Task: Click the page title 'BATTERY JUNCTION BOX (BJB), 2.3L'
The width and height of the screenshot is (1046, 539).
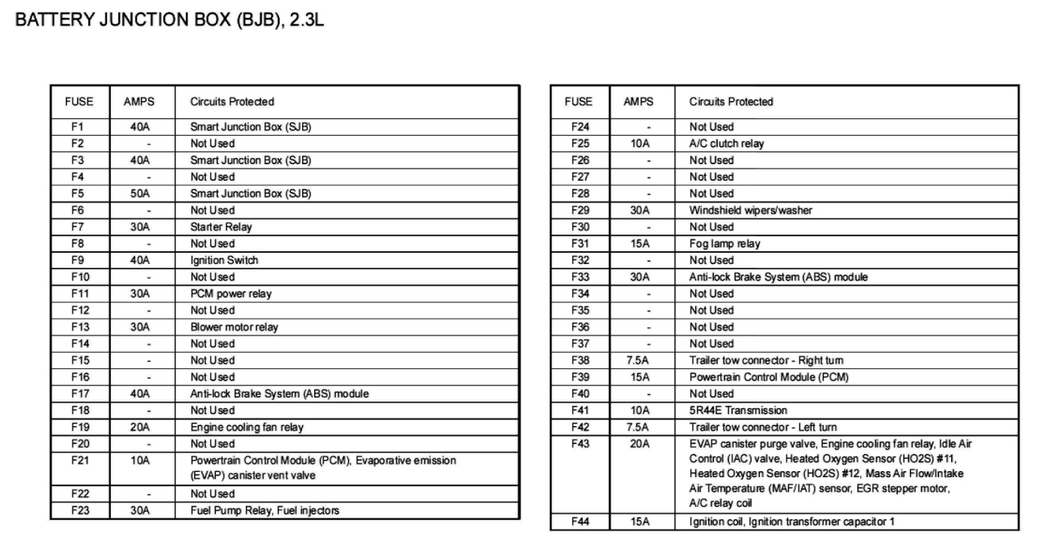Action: pyautogui.click(x=169, y=20)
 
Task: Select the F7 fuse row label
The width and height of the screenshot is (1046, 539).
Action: pyautogui.click(x=78, y=227)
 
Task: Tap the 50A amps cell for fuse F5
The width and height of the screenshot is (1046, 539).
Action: pyautogui.click(x=139, y=193)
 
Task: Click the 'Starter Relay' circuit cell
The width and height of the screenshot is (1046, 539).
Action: pyautogui.click(x=221, y=227)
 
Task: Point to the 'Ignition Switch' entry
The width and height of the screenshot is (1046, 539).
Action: pyautogui.click(x=224, y=260)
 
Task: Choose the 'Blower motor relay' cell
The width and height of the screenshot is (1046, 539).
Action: pyautogui.click(x=234, y=327)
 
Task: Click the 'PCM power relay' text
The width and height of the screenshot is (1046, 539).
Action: pyautogui.click(x=230, y=293)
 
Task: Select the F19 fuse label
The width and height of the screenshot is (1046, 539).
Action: pyautogui.click(x=80, y=427)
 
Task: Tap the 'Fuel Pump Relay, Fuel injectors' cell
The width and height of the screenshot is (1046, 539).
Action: pyautogui.click(x=264, y=510)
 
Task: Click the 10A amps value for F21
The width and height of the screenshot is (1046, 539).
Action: pyautogui.click(x=139, y=460)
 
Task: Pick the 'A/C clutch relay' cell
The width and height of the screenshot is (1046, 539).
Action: pyautogui.click(x=726, y=144)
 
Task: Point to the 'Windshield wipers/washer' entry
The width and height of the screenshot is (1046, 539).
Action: pyautogui.click(x=750, y=210)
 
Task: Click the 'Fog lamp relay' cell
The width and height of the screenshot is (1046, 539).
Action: pyautogui.click(x=724, y=243)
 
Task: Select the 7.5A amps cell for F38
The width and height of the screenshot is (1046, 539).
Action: pyautogui.click(x=638, y=360)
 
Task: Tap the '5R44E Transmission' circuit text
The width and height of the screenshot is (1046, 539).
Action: pyautogui.click(x=738, y=410)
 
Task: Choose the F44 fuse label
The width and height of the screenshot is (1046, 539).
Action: pyautogui.click(x=580, y=522)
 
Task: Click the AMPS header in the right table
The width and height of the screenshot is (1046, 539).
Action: pyautogui.click(x=638, y=102)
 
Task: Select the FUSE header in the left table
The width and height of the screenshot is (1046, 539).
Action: pyautogui.click(x=79, y=102)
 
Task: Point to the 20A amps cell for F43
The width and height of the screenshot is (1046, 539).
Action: pyautogui.click(x=640, y=443)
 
